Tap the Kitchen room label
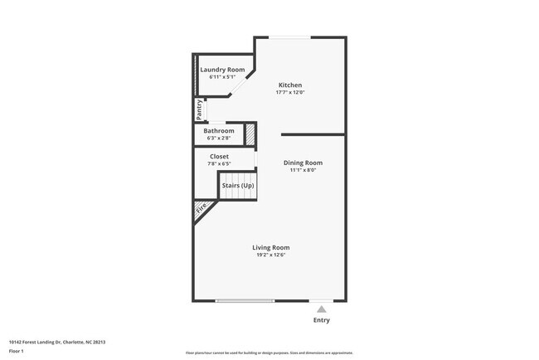coord(289,85)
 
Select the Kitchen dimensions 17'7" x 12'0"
coord(289,93)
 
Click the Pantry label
coord(199,108)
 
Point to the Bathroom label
coord(219,130)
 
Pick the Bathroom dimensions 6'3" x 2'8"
coord(219,138)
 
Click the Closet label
coord(219,156)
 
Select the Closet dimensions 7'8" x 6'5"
coord(219,163)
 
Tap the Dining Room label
coord(303,163)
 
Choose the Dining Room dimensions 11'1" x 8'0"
coord(303,170)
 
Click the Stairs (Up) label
coord(238,185)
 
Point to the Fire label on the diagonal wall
coord(201,211)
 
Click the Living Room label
coord(271,247)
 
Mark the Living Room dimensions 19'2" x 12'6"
coord(271,255)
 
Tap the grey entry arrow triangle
coord(321,309)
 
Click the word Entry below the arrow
coord(321,319)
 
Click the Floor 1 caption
coord(17,351)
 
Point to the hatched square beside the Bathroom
coord(249,132)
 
